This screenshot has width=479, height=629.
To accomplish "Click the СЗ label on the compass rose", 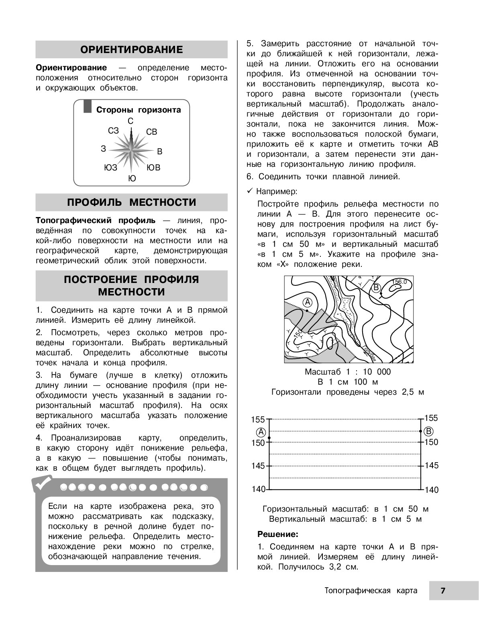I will [x=114, y=131].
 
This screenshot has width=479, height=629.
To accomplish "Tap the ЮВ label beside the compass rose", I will [x=153, y=168].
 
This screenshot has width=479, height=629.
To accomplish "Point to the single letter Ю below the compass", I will [x=132, y=178].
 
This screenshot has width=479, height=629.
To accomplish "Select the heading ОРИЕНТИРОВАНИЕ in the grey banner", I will [x=132, y=49].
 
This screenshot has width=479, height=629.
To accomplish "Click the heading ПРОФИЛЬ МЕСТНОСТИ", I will [x=132, y=202].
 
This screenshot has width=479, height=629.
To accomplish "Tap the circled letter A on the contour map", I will [x=307, y=301].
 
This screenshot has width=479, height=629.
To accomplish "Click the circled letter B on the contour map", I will [x=376, y=287].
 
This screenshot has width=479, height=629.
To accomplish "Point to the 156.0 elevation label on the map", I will [x=399, y=282].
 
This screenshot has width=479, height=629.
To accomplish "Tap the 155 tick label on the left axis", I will [x=258, y=420].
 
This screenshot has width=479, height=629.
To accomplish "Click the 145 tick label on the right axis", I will [x=431, y=465].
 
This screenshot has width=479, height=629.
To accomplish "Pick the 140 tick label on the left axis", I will [x=258, y=489].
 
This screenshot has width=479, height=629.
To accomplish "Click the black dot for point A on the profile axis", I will [x=269, y=438].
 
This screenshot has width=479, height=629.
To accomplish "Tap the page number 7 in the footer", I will [x=443, y=590].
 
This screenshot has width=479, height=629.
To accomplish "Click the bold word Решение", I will [x=278, y=535].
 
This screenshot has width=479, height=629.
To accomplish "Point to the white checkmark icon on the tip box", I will [x=43, y=484].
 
